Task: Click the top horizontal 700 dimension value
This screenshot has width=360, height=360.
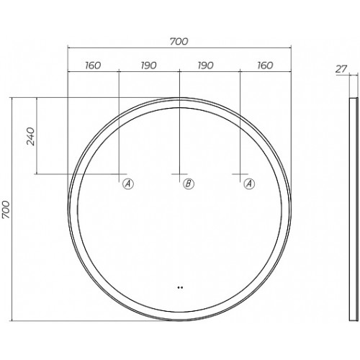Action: (x=179, y=42)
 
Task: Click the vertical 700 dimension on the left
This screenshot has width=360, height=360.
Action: (x=6, y=210)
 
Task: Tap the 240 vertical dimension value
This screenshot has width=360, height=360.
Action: (x=31, y=136)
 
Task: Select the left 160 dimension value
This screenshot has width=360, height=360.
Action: (x=93, y=66)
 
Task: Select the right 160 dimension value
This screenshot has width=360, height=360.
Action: (x=265, y=66)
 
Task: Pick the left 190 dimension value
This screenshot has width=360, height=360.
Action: (x=149, y=66)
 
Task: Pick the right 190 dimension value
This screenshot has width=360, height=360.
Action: (x=205, y=66)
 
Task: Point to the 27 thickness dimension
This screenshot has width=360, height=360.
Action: (x=341, y=69)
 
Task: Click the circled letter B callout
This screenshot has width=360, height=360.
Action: (x=189, y=184)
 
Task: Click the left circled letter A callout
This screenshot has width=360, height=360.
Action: (x=128, y=184)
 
